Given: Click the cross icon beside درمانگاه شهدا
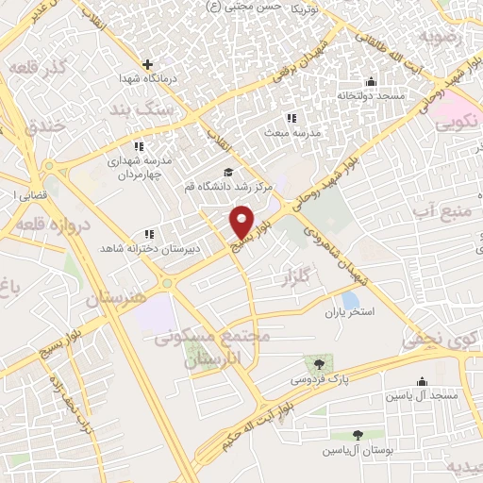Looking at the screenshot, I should point(147,64).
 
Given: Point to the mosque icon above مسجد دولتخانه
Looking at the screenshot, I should point(371,81).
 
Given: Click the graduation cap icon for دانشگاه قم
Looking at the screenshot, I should point(227,172).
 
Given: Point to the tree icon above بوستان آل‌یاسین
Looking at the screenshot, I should point(357,435).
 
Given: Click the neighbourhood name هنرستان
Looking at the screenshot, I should point(116,296).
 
